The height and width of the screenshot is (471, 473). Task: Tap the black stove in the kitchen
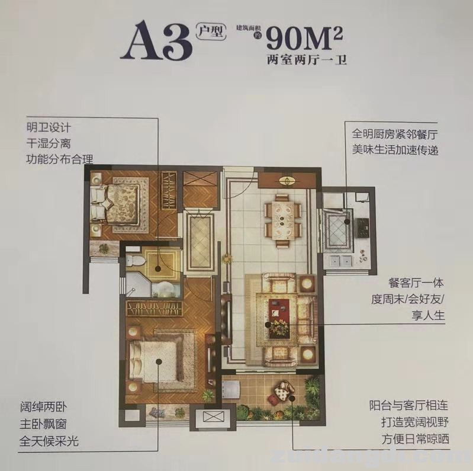362,225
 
